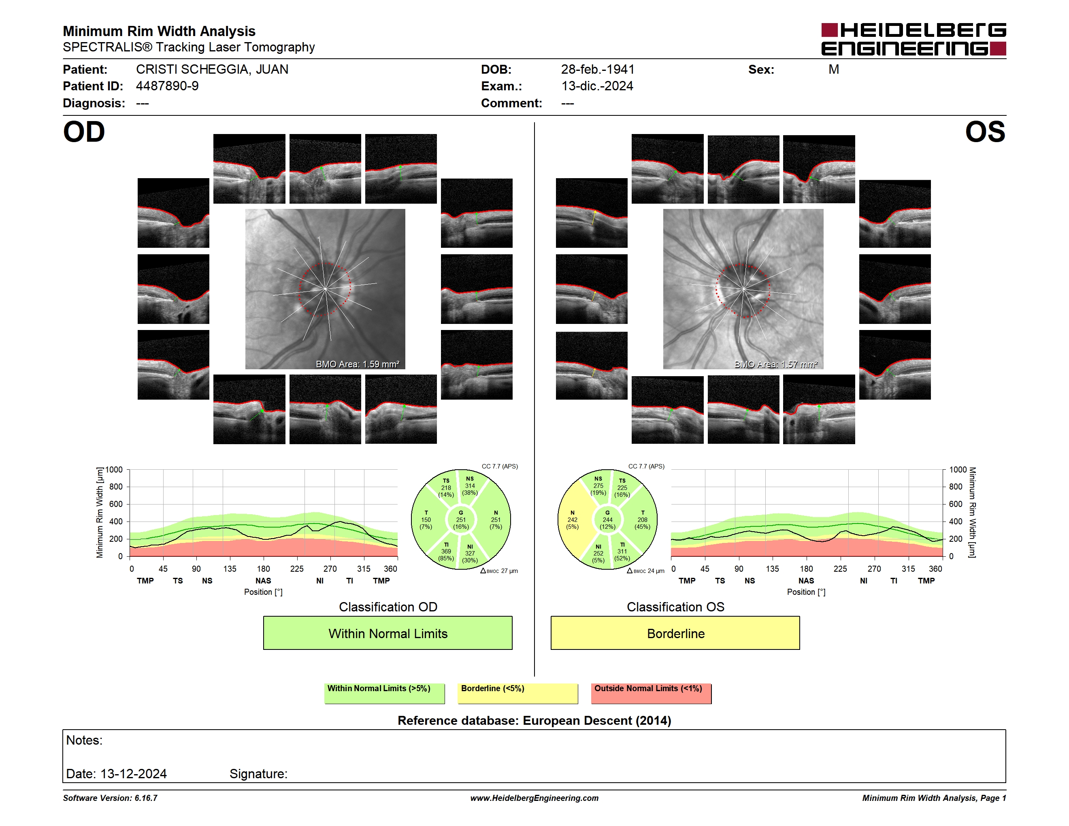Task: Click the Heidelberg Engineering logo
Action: coord(914,39)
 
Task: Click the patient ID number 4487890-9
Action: coord(167,86)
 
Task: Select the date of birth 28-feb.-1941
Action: coord(598,70)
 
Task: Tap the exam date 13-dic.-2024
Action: coord(597,86)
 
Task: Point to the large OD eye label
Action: coord(84,132)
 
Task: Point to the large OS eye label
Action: coord(985,132)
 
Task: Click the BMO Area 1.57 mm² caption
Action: coord(776,364)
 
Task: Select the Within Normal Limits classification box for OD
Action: coord(388,633)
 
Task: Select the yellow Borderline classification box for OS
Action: coord(675,633)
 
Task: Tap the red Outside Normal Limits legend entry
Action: coord(651,693)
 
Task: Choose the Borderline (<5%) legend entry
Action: coord(517,693)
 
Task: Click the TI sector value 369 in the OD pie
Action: coord(446,551)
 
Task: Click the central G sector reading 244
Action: coord(607,519)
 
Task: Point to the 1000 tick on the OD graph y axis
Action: coord(114,470)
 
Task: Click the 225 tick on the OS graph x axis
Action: coord(840,568)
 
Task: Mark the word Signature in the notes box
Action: coord(258,774)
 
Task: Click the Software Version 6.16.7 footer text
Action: coord(110,798)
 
